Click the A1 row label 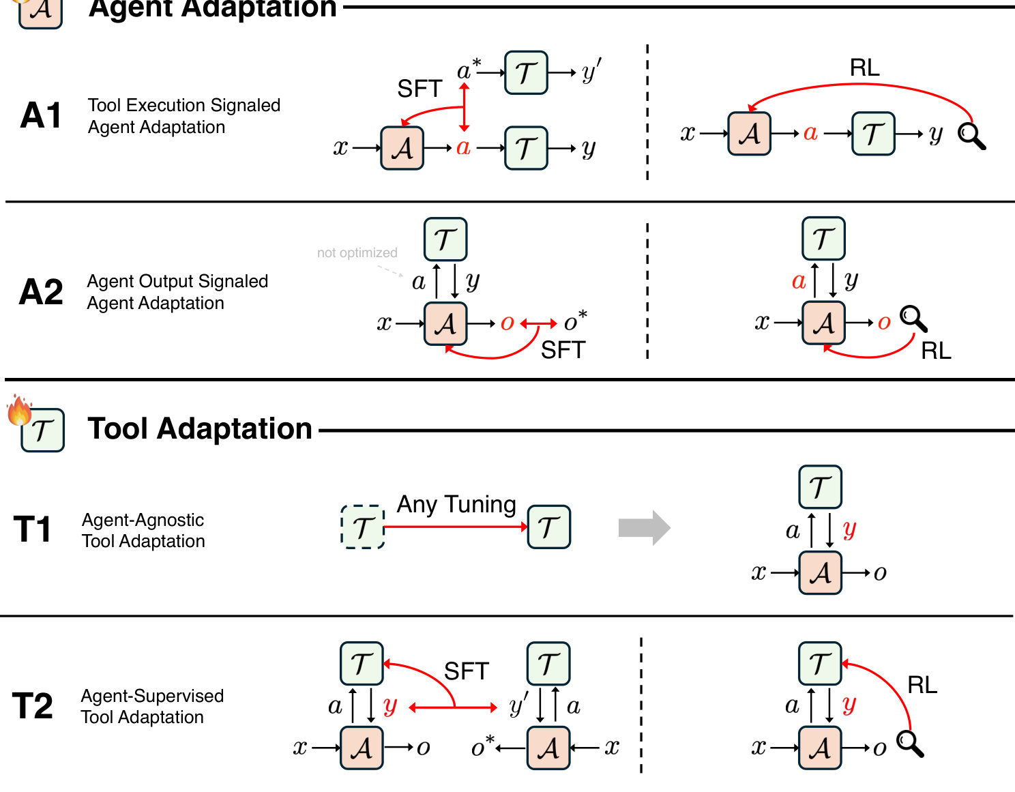(41, 115)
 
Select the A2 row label (41, 292)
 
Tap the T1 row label (33, 529)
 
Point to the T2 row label (33, 705)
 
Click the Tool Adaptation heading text (200, 429)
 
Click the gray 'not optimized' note (357, 253)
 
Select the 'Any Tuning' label (456, 505)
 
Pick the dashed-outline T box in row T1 (362, 527)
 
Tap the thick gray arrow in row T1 (644, 527)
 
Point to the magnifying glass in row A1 (971, 136)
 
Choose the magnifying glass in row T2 (910, 744)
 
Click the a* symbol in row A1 (468, 70)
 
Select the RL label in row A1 (864, 68)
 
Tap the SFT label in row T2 (467, 671)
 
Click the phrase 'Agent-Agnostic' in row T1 (143, 520)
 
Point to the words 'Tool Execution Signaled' (184, 105)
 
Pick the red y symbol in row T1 (849, 529)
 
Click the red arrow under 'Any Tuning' (456, 527)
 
